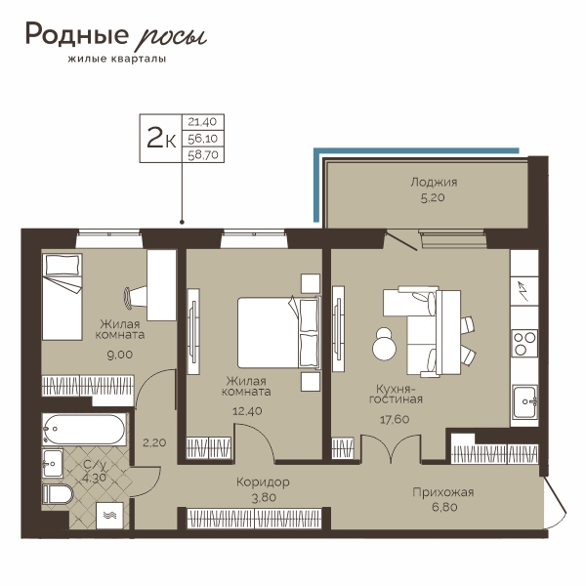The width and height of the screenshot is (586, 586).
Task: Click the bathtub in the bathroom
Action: tap(84, 430)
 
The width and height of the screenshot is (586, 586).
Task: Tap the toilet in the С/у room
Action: tap(58, 494)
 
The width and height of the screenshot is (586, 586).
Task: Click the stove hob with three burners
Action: tap(524, 343)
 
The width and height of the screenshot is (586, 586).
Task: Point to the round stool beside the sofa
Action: tap(384, 345)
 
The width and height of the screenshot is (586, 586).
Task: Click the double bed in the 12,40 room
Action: tap(278, 332)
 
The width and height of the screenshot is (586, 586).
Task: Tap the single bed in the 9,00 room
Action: tap(63, 297)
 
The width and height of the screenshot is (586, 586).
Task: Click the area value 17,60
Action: tap(395, 419)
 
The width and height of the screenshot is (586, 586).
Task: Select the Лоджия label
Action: tap(434, 183)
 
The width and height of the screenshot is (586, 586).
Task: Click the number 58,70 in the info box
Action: tap(203, 154)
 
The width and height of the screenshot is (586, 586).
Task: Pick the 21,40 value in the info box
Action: tap(202, 122)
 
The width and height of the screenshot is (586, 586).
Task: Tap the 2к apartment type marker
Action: tap(161, 138)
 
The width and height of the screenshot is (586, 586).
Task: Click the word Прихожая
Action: tap(443, 492)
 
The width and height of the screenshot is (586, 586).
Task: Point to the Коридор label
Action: tap(263, 482)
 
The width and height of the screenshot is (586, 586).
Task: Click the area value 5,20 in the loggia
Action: tap(433, 197)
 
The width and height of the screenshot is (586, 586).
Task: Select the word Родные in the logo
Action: tap(77, 34)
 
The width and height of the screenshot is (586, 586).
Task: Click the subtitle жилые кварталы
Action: tap(117, 59)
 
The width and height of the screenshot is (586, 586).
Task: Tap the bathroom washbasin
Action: tap(53, 463)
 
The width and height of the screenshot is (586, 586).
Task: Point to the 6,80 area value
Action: tap(444, 508)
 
